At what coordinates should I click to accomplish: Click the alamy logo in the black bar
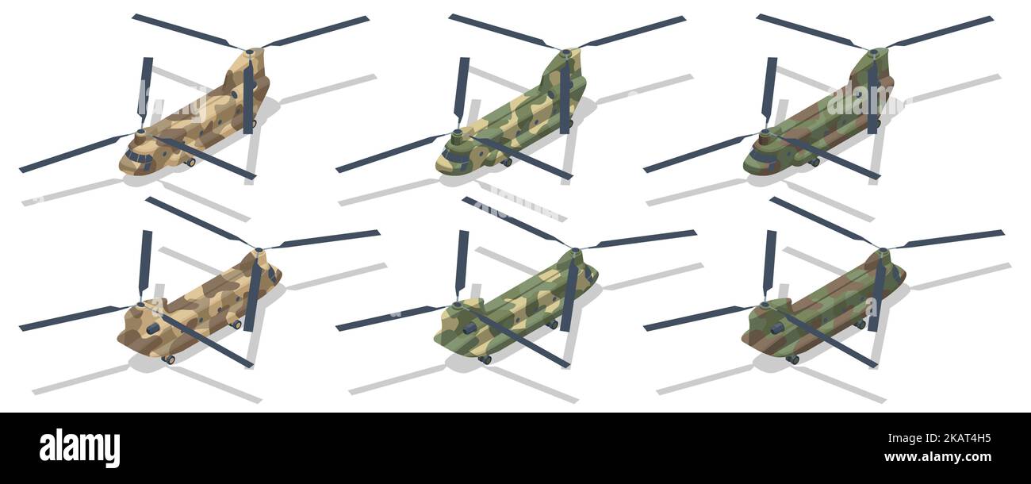point(79,448)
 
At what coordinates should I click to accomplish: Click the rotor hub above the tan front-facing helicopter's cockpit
point(141,133)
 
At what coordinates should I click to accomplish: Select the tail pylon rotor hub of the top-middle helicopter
point(565,53)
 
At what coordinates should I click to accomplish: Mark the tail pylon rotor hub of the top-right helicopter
point(872,53)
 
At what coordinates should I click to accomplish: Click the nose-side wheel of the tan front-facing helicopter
point(190,163)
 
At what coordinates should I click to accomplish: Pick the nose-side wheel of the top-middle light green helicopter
point(507,163)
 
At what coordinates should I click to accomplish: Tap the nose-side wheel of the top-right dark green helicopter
point(814,163)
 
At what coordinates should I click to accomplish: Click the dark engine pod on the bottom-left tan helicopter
point(151,327)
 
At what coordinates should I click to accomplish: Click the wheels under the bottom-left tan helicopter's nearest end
point(168,359)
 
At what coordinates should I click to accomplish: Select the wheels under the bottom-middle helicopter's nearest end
point(485,359)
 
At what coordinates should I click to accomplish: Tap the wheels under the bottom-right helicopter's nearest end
point(792,359)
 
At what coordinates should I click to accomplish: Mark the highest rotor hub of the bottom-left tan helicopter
point(259,252)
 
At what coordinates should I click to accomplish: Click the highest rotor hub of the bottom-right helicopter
point(883,252)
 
